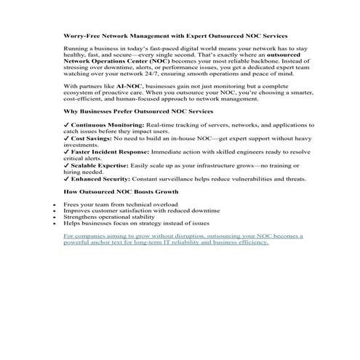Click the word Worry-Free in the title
81,35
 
